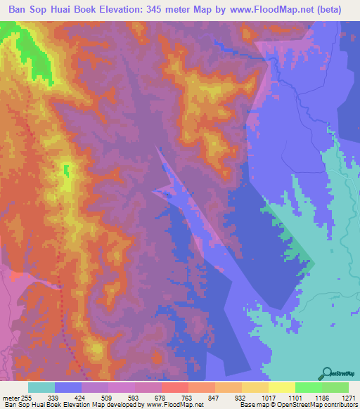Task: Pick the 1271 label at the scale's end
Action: [347, 398]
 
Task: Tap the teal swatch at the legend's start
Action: [41, 388]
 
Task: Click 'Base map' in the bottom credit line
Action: [250, 405]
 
